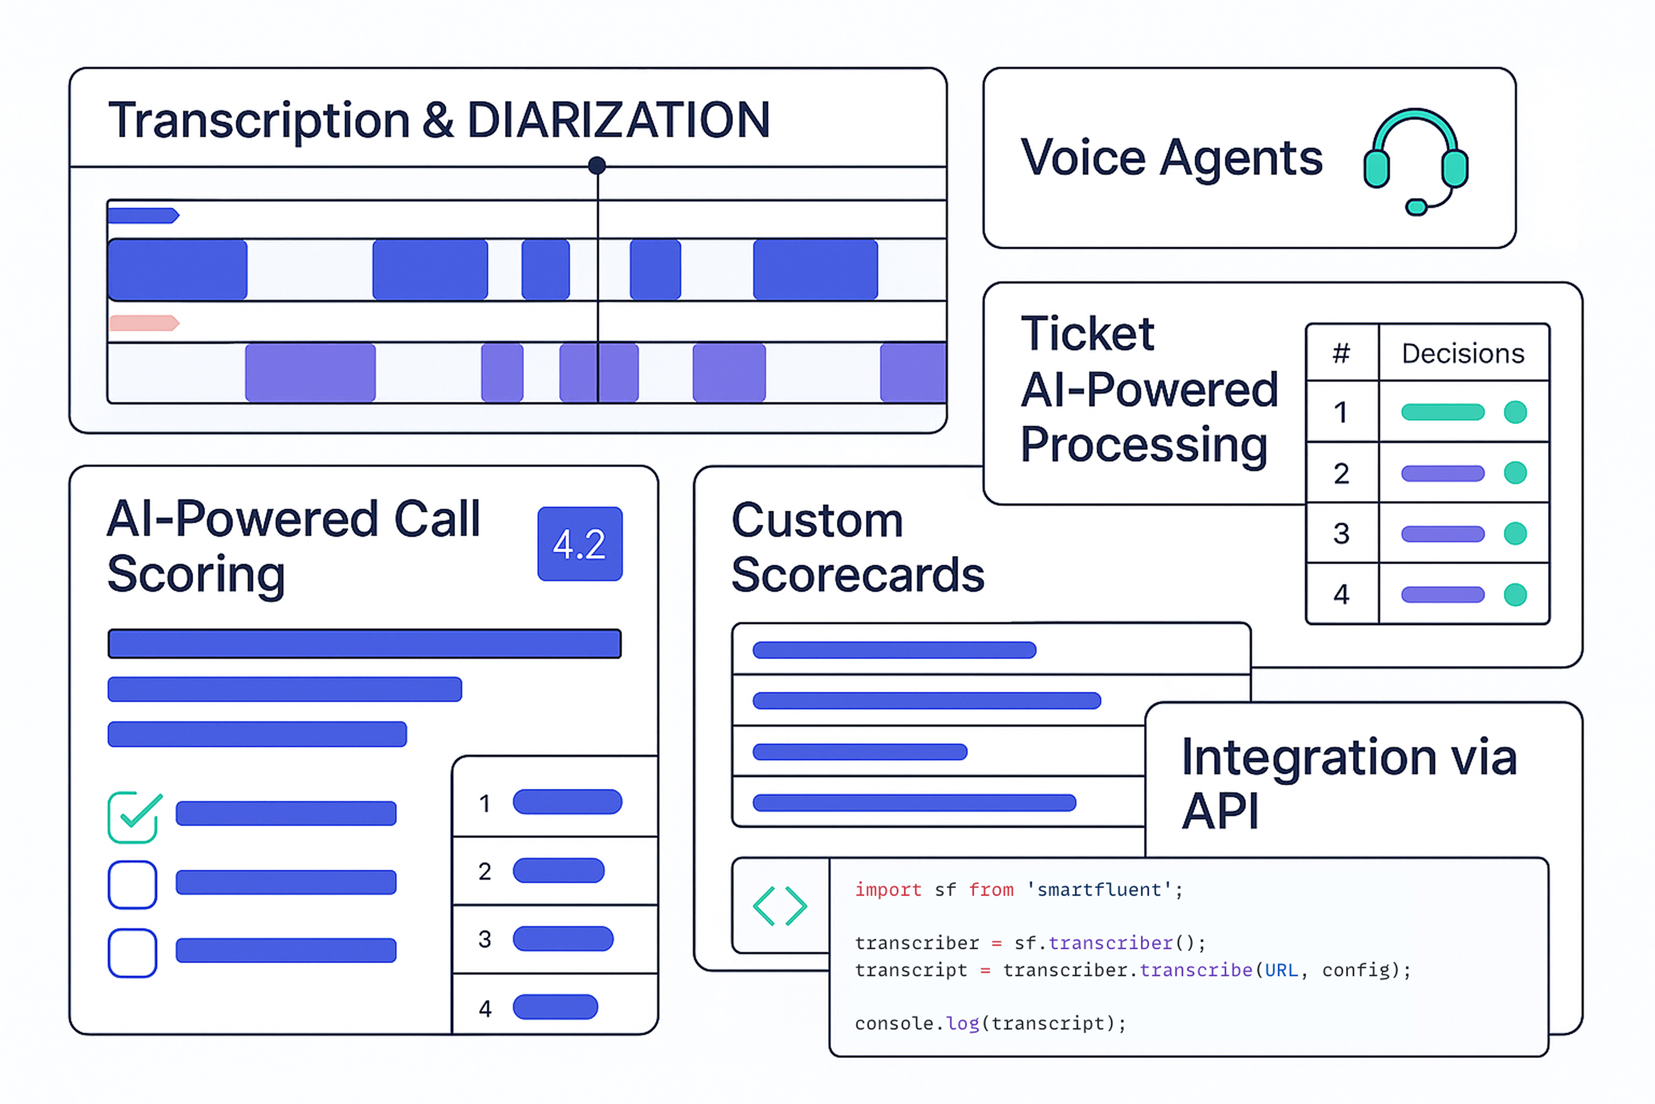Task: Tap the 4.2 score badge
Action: pyautogui.click(x=580, y=543)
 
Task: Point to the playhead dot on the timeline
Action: pyautogui.click(x=597, y=165)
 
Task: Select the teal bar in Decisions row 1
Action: pyautogui.click(x=1442, y=412)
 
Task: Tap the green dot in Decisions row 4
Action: pyautogui.click(x=1515, y=595)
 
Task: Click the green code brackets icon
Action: pyautogui.click(x=780, y=906)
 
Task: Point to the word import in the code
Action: pyautogui.click(x=888, y=890)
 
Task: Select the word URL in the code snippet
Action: pyautogui.click(x=1281, y=970)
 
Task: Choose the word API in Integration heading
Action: pyautogui.click(x=1219, y=811)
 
